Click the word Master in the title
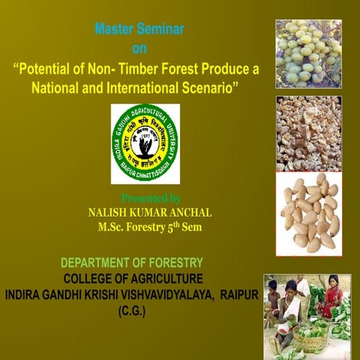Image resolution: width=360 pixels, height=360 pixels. [115, 30]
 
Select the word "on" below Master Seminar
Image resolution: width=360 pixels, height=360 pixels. [139, 49]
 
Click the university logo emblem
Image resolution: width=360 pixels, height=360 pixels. [145, 143]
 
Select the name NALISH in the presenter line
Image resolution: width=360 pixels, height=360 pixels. [111, 212]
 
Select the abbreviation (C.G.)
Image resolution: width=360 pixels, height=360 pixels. [132, 310]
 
